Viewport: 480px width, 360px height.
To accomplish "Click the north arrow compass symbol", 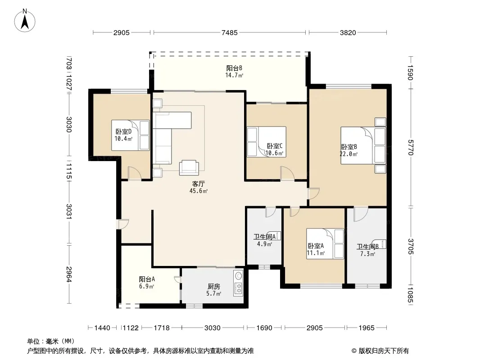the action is tap(25, 20).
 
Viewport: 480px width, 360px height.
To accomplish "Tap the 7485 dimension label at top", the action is tap(230, 33).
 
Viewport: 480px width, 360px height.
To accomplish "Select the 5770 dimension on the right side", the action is tap(411, 147).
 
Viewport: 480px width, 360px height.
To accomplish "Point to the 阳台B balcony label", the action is tap(234, 68).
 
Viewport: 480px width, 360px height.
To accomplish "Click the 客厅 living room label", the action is tap(199, 184).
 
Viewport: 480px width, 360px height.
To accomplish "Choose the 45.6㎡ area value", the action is tap(199, 191).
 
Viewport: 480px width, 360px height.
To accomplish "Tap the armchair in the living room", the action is tap(189, 167).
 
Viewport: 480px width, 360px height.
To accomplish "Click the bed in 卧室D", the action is tap(131, 135).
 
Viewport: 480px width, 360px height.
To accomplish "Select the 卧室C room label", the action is tap(274, 146).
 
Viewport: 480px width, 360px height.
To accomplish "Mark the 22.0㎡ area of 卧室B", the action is tap(349, 154).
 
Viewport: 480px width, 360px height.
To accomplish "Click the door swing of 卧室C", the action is tap(287, 173).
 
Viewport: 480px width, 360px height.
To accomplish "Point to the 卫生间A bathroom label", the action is tap(264, 237).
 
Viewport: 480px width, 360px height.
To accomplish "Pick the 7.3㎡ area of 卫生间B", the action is tap(367, 254).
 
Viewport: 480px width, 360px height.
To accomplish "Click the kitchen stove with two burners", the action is tap(238, 288).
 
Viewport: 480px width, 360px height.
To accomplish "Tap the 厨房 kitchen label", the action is tap(214, 287).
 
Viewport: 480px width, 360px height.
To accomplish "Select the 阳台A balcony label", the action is tap(147, 279).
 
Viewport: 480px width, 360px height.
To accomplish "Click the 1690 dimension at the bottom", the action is tap(264, 328).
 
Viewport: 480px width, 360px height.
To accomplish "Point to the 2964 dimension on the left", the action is tap(69, 274).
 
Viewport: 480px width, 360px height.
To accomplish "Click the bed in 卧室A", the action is tap(325, 244).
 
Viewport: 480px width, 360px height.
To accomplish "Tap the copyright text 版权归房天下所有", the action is tap(384, 351).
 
